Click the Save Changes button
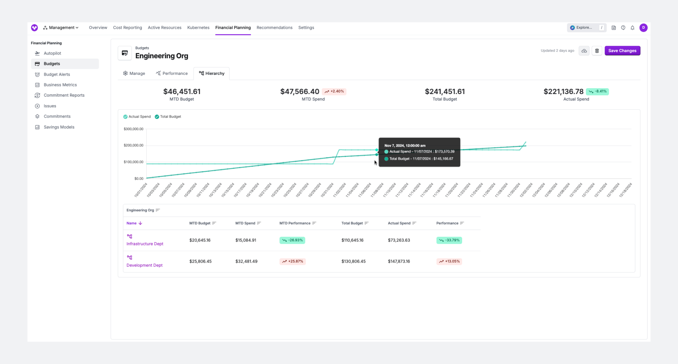[x=622, y=51]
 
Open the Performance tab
[x=172, y=73]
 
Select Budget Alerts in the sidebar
[x=57, y=74]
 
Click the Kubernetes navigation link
[x=198, y=28]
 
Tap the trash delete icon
[x=597, y=51]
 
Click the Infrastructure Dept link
[x=145, y=244]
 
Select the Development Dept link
[x=144, y=265]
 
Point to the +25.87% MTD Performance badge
[x=293, y=261]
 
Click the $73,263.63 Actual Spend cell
[x=399, y=240]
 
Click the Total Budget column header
[x=352, y=223]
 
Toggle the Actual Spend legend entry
[x=137, y=117]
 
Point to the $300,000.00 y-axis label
[x=133, y=129]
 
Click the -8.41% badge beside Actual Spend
[x=597, y=91]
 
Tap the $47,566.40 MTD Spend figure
[x=300, y=91]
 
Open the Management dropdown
[x=61, y=28]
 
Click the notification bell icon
[x=632, y=28]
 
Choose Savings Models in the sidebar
[x=59, y=127]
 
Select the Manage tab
[x=134, y=73]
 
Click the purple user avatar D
[x=643, y=28]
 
